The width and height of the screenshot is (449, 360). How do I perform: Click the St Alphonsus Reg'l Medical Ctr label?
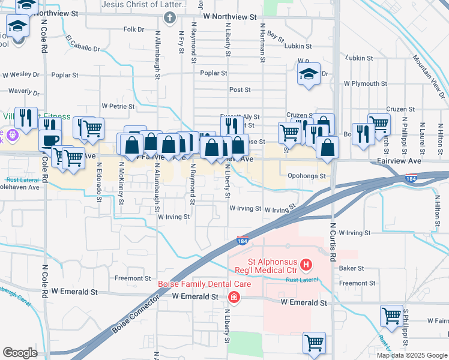point(267,263)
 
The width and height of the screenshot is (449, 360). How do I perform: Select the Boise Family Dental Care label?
point(199,284)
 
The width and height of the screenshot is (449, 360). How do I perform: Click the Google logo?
point(20,352)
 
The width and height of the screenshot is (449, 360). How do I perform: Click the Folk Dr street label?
point(134,29)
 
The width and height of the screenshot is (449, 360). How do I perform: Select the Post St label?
point(240,89)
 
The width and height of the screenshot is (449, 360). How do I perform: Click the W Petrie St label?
point(118,106)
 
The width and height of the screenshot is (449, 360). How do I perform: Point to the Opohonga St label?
point(306,176)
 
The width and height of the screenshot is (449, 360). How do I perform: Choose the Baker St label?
point(352,268)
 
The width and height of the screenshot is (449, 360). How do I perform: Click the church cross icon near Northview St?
point(170,19)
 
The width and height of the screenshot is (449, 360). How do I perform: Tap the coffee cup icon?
point(49,139)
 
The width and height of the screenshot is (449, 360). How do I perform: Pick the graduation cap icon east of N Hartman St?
point(309,74)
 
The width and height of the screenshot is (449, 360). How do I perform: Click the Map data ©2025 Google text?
point(411,355)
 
